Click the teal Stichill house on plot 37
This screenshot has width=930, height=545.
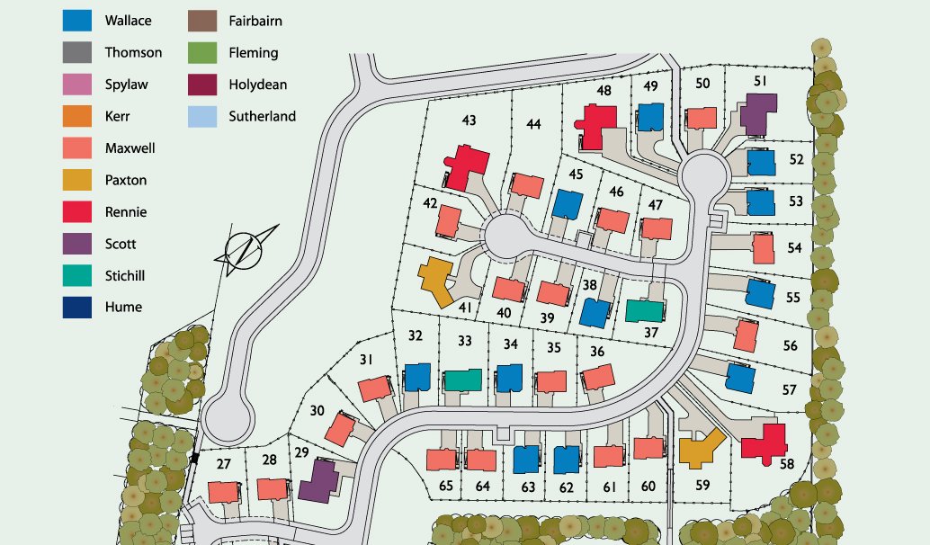point(644,311)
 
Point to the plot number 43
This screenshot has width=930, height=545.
point(469,121)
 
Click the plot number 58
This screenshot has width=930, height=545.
point(787,464)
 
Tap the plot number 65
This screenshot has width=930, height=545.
point(444,487)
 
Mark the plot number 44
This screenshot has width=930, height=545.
point(533,124)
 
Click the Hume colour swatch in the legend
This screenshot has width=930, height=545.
point(77,308)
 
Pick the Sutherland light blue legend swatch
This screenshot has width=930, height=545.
point(201,116)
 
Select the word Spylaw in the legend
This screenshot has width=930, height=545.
point(126,85)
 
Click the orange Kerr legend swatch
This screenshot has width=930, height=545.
point(77,117)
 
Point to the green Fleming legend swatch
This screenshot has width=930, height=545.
point(201,52)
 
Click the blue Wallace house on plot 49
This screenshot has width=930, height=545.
point(650,117)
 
